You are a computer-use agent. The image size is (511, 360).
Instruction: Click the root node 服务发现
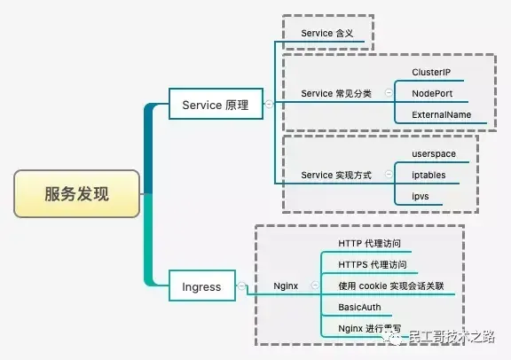coord(77,194)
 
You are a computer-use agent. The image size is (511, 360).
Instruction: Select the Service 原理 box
coord(215,106)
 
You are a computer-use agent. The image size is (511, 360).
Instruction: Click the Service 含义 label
coord(326,33)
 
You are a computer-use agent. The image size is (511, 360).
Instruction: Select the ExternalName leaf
coord(442,115)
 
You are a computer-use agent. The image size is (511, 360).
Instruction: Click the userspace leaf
coord(434,154)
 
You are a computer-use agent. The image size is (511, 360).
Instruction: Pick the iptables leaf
coord(429,176)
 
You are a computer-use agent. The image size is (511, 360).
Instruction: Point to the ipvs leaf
coord(421,196)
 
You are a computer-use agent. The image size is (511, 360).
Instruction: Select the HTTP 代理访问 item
coord(375,243)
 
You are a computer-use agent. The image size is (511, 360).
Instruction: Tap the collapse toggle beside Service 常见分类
coord(389,93)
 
